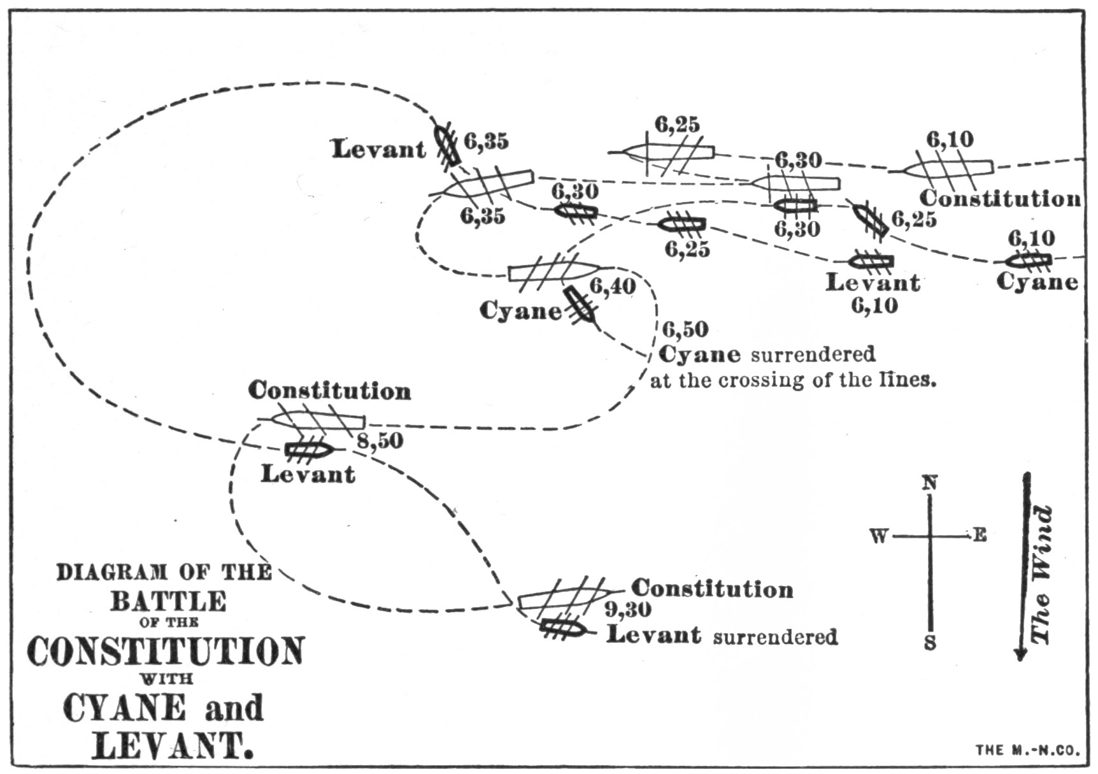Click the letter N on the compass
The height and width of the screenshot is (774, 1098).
(930, 484)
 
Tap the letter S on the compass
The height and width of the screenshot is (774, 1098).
(930, 643)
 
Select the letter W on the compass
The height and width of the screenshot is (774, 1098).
(879, 537)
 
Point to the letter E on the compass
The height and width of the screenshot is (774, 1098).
(979, 536)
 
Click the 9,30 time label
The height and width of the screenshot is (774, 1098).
(628, 610)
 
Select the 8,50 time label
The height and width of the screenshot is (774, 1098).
(380, 441)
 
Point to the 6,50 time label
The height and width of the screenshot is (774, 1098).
(685, 330)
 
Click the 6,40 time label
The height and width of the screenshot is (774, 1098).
(613, 287)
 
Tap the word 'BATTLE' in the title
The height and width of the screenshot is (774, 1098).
(168, 601)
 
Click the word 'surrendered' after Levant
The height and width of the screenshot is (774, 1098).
(775, 637)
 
